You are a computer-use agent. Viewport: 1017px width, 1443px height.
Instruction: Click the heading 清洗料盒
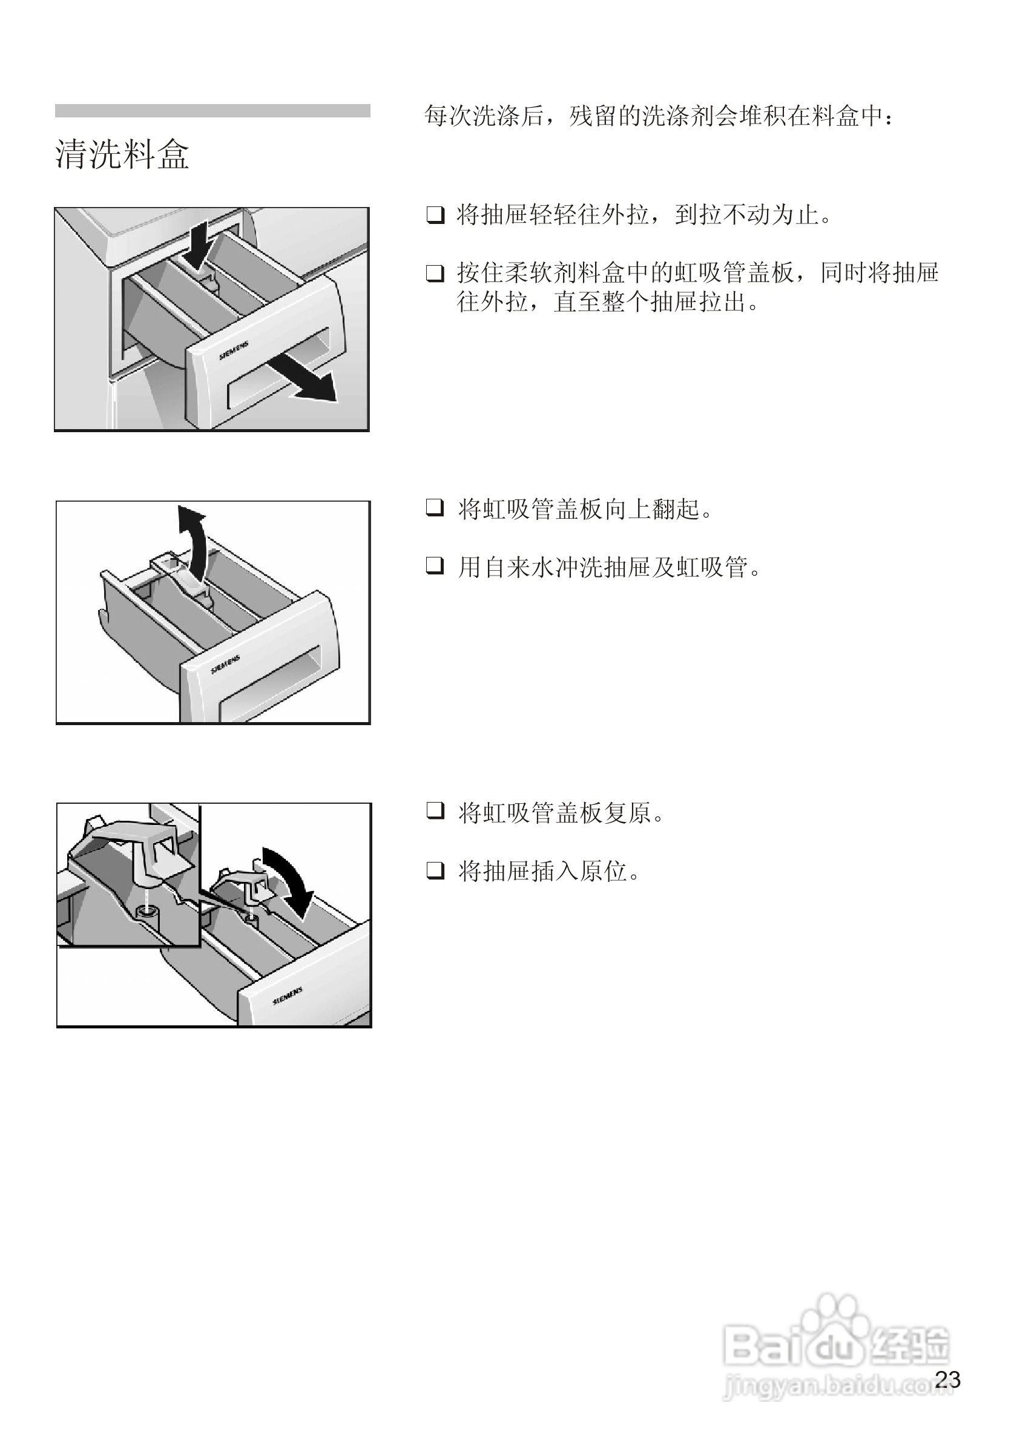coord(122,154)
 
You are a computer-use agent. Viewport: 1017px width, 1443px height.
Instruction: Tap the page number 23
coord(947,1379)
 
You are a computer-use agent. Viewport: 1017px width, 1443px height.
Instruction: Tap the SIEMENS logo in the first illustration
coord(234,351)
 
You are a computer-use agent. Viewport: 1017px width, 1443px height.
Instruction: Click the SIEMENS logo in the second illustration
coord(225,665)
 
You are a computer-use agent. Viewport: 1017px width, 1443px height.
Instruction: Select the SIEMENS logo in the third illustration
coord(288,996)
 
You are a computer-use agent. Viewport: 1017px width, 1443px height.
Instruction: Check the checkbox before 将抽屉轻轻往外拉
coord(435,215)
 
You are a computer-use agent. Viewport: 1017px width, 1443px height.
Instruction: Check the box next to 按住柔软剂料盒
coord(435,274)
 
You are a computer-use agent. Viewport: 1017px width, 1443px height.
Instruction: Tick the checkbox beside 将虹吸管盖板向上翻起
coord(435,508)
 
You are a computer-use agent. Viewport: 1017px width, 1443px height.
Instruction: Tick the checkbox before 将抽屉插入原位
coord(435,870)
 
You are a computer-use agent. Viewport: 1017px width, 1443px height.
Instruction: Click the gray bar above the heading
coord(212,111)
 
